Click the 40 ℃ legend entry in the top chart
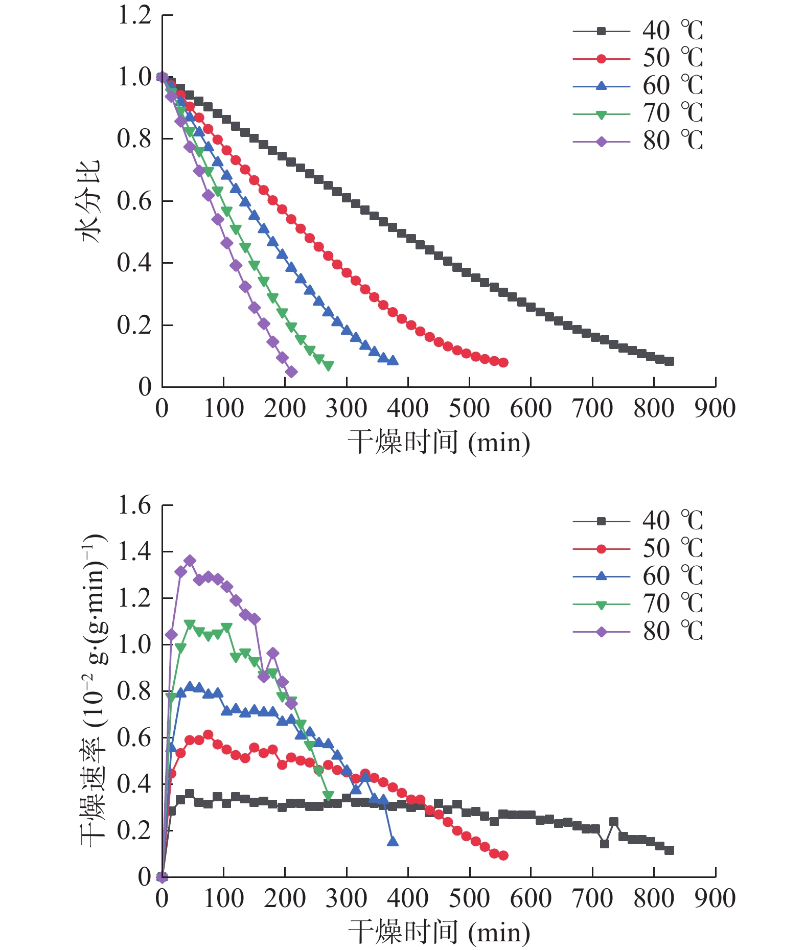(x=638, y=31)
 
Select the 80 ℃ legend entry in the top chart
(x=638, y=141)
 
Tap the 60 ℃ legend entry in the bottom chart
(x=638, y=576)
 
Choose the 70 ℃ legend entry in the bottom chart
(x=638, y=604)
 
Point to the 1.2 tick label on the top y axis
(x=134, y=15)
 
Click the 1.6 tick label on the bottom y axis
(x=134, y=505)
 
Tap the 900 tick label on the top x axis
(x=715, y=409)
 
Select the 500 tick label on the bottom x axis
(x=469, y=899)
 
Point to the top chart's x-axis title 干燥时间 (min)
(x=439, y=443)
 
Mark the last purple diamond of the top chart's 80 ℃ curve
(x=291, y=372)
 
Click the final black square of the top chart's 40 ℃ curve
(x=670, y=361)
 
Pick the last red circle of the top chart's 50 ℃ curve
(x=503, y=362)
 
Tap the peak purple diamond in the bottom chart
(x=190, y=561)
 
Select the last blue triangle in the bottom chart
(x=393, y=841)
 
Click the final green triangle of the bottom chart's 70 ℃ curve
(x=328, y=796)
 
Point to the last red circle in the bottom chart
(x=503, y=855)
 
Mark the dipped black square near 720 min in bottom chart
(x=605, y=844)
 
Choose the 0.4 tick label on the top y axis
(x=134, y=263)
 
